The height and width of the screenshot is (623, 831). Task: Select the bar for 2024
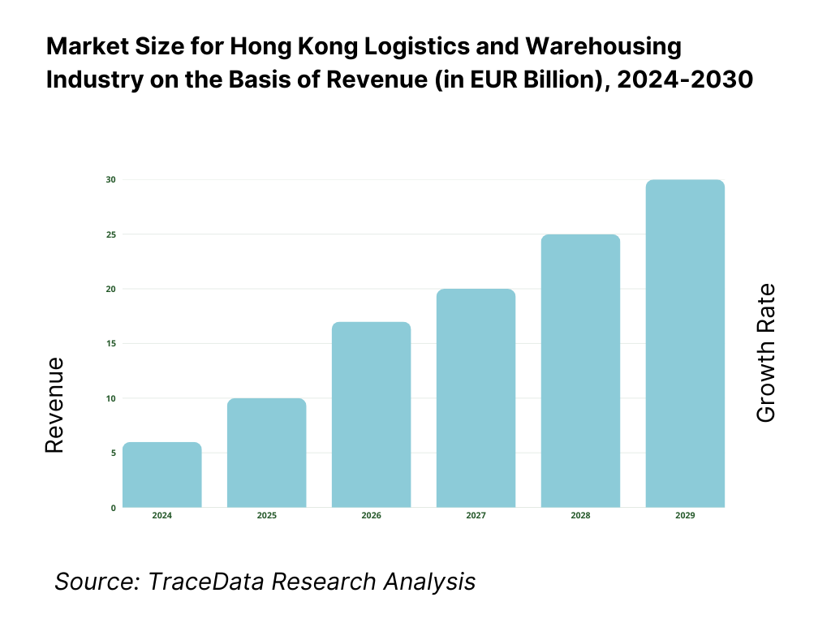pos(162,475)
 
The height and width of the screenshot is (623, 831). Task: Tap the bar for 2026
pos(372,415)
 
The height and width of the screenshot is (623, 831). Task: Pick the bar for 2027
pos(476,398)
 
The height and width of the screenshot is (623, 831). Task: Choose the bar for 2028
pos(581,371)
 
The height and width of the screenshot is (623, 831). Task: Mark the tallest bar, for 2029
pos(685,343)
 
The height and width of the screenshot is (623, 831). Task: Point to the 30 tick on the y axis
pos(111,179)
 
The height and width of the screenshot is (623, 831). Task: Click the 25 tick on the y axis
pos(111,234)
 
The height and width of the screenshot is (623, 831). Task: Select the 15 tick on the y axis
pos(111,344)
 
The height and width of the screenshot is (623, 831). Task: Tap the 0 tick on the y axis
pos(113,508)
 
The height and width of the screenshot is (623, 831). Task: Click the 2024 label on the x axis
pos(162,516)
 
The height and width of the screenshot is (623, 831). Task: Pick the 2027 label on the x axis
pos(476,516)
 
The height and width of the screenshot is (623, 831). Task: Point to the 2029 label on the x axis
pos(685,516)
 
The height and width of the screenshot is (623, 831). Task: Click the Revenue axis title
pos(54,405)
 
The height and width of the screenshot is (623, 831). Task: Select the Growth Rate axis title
pos(765,353)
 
